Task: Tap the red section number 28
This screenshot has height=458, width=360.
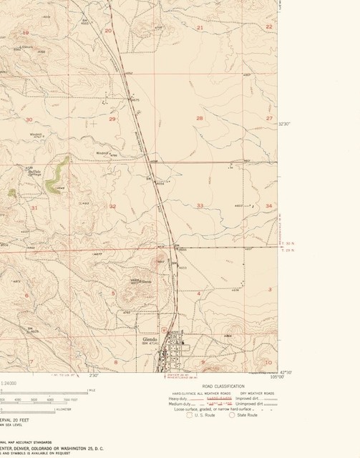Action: tap(200, 118)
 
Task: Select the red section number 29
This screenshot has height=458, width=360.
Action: tap(112, 120)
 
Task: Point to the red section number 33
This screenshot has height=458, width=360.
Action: tap(200, 206)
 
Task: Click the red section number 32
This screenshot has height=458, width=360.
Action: tap(112, 206)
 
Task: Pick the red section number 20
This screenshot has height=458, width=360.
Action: tap(108, 31)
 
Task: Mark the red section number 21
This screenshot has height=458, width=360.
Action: tap(200, 28)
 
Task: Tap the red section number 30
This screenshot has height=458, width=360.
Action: tap(29, 120)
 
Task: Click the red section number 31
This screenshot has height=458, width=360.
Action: tap(34, 208)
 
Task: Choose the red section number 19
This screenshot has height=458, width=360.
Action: tap(26, 32)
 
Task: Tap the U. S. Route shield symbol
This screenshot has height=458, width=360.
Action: tap(189, 414)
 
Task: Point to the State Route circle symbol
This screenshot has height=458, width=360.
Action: tap(232, 414)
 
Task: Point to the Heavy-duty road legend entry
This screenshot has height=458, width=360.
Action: tap(178, 398)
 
